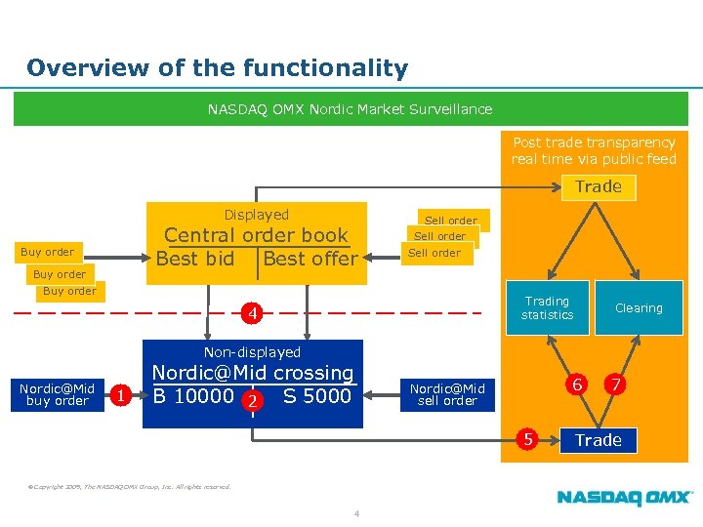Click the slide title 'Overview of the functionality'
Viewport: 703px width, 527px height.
(x=217, y=68)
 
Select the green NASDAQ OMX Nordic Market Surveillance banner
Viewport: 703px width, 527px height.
(x=350, y=109)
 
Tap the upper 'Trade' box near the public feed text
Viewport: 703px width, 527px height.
(x=599, y=186)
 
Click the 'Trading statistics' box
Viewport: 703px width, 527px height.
(x=547, y=308)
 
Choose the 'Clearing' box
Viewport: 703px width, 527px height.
(x=639, y=308)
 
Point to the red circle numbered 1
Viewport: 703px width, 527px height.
(x=119, y=395)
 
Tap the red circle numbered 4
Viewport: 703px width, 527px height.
(x=252, y=314)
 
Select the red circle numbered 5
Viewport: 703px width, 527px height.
(x=528, y=439)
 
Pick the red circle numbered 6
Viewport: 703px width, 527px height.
(x=578, y=385)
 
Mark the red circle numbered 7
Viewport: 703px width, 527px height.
(x=616, y=385)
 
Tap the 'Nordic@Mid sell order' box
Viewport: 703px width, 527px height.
(x=447, y=394)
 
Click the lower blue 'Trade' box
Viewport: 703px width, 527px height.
(x=599, y=440)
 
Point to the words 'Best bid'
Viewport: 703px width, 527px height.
(x=195, y=259)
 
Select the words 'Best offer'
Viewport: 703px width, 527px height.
(x=310, y=259)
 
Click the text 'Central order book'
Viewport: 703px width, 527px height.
(x=256, y=235)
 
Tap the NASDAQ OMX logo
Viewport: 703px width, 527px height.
(x=625, y=498)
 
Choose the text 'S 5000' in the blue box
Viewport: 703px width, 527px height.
(x=316, y=396)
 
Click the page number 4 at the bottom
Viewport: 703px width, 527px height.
(x=357, y=514)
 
